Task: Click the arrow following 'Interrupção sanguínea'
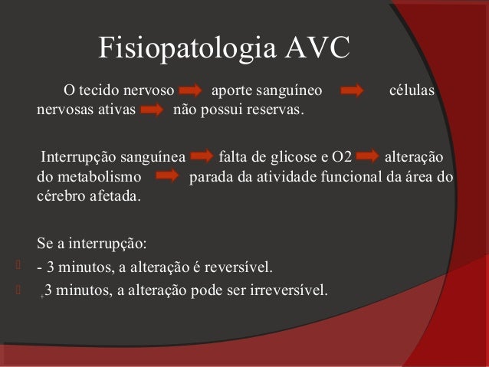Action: click(x=202, y=159)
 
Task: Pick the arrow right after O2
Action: click(x=368, y=159)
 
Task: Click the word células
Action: click(x=412, y=93)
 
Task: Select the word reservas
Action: click(x=275, y=113)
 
